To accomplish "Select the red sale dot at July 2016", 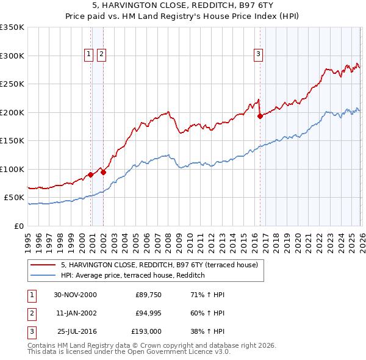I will coord(260,116).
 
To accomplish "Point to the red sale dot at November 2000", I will coord(91,175).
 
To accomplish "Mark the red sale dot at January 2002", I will coord(103,172).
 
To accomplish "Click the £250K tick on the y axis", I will coord(12,84).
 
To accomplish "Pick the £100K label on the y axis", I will coord(12,169).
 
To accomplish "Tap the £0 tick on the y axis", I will coord(18,226).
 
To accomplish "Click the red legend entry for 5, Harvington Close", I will coord(159,265).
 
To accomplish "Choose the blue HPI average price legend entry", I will coord(132,276).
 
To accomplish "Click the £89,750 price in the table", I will coord(146,295).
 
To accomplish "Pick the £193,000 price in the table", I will coord(146,331).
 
